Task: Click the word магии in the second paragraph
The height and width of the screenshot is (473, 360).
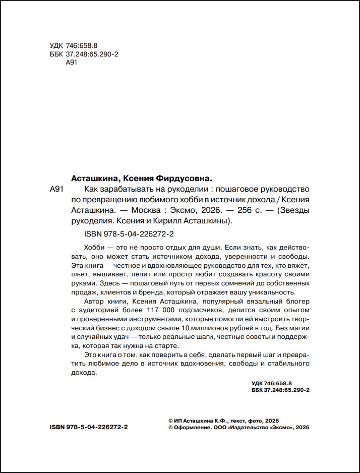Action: pyautogui.click(x=297, y=328)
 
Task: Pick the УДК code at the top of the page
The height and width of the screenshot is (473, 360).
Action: pyautogui.click(x=74, y=46)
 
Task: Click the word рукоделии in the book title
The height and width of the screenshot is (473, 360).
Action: pyautogui.click(x=180, y=189)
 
